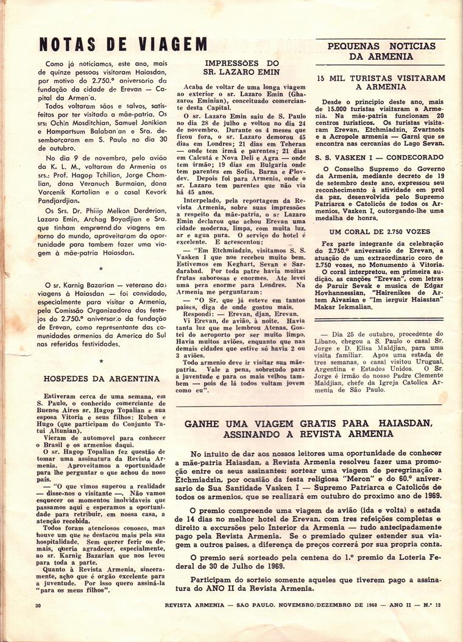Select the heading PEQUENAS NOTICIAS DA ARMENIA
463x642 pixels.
coord(381,51)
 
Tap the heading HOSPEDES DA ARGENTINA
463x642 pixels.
coord(102,379)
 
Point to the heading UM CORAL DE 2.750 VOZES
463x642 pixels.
coord(381,232)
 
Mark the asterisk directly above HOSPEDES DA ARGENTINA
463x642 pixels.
coord(101,361)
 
